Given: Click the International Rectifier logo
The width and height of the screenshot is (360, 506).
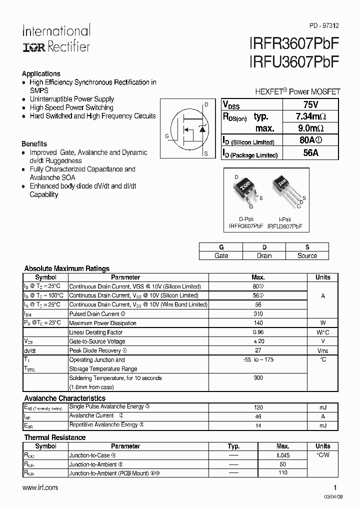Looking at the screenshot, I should (x=56, y=38).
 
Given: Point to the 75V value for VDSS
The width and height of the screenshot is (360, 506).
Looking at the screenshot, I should (x=310, y=104).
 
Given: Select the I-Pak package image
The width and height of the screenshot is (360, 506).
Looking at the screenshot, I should (x=283, y=189).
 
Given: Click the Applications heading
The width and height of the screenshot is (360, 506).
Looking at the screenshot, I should (x=41, y=73).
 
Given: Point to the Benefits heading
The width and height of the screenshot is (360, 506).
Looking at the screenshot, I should (x=34, y=143).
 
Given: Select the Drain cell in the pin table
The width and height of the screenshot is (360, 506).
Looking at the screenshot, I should (x=264, y=255).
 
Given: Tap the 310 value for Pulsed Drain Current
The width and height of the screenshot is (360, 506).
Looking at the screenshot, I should (x=258, y=314).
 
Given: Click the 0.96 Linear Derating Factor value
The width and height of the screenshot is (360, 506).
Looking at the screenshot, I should (x=258, y=332).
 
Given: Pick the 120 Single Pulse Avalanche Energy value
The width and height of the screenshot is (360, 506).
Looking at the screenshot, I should (x=258, y=407).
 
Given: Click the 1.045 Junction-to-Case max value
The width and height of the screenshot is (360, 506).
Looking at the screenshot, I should (x=282, y=455).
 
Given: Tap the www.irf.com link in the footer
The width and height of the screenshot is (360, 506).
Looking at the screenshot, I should (x=40, y=487).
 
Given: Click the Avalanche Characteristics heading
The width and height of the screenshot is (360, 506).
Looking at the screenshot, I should (x=65, y=398).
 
